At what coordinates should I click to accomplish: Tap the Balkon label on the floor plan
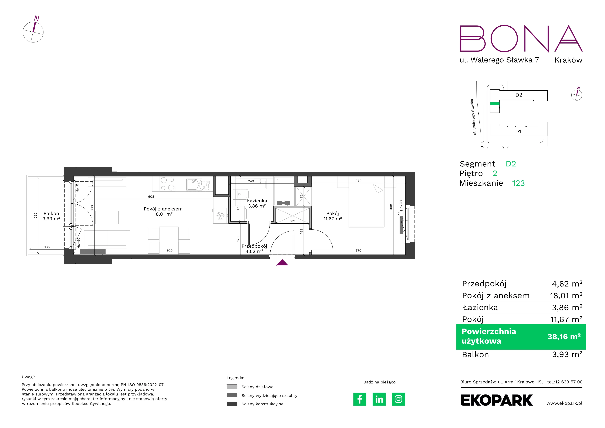pos(51,213)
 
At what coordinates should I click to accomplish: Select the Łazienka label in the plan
pos(257,201)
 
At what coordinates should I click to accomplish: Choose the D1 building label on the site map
pos(518,131)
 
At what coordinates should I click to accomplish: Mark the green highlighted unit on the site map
pos(495,104)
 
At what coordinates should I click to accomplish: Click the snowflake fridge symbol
pos(220,216)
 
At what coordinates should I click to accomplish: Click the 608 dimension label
pos(151,196)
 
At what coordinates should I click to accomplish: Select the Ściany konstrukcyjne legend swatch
pos(232,404)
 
